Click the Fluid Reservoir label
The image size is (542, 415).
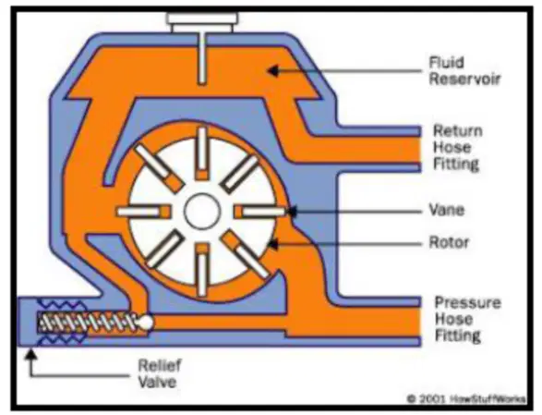click(x=464, y=71)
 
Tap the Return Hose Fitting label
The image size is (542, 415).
click(x=457, y=147)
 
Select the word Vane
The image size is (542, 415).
click(x=446, y=210)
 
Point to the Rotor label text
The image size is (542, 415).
click(x=449, y=242)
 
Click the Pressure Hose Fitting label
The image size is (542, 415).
click(x=467, y=319)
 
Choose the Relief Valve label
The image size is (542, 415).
click(x=160, y=373)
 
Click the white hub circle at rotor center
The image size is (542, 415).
click(x=202, y=211)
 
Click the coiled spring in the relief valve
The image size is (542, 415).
click(x=88, y=323)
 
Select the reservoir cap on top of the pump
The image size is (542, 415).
click(x=202, y=22)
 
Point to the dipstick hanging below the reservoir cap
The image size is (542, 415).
click(x=202, y=58)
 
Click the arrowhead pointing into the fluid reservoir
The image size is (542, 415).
click(x=273, y=71)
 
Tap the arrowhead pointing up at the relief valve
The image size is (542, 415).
click(x=31, y=355)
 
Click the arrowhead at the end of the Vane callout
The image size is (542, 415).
click(x=291, y=211)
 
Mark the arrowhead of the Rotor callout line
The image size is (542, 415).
click(x=273, y=244)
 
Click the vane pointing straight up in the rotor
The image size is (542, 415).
click(x=202, y=153)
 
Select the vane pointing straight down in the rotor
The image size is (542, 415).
click(x=202, y=270)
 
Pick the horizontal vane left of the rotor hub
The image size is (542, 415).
click(x=143, y=212)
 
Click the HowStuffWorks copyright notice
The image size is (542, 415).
click(x=466, y=399)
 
